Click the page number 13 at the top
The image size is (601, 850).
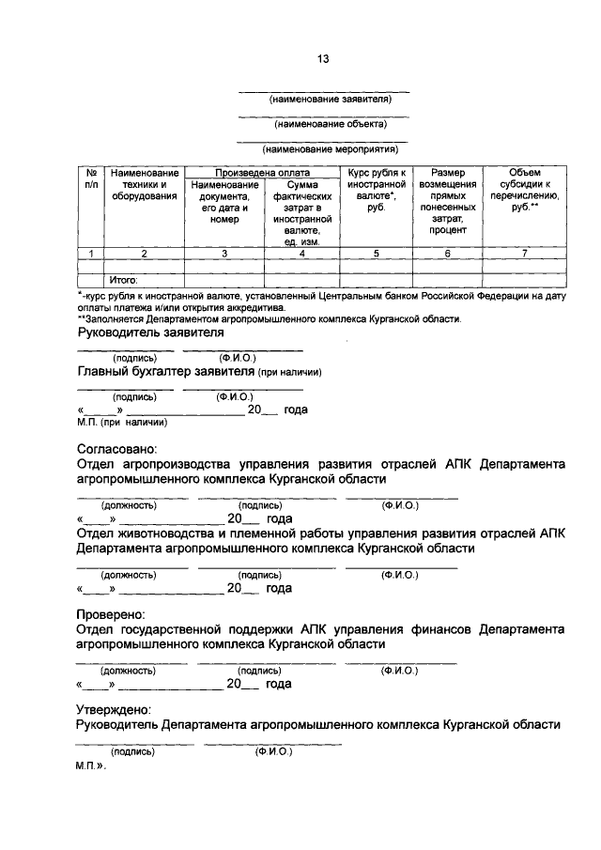click(323, 58)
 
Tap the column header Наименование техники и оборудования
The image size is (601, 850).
click(144, 185)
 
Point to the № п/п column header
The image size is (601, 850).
click(90, 179)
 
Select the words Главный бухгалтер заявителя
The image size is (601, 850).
click(167, 372)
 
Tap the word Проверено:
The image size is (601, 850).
click(112, 614)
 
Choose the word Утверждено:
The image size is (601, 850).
click(116, 710)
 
